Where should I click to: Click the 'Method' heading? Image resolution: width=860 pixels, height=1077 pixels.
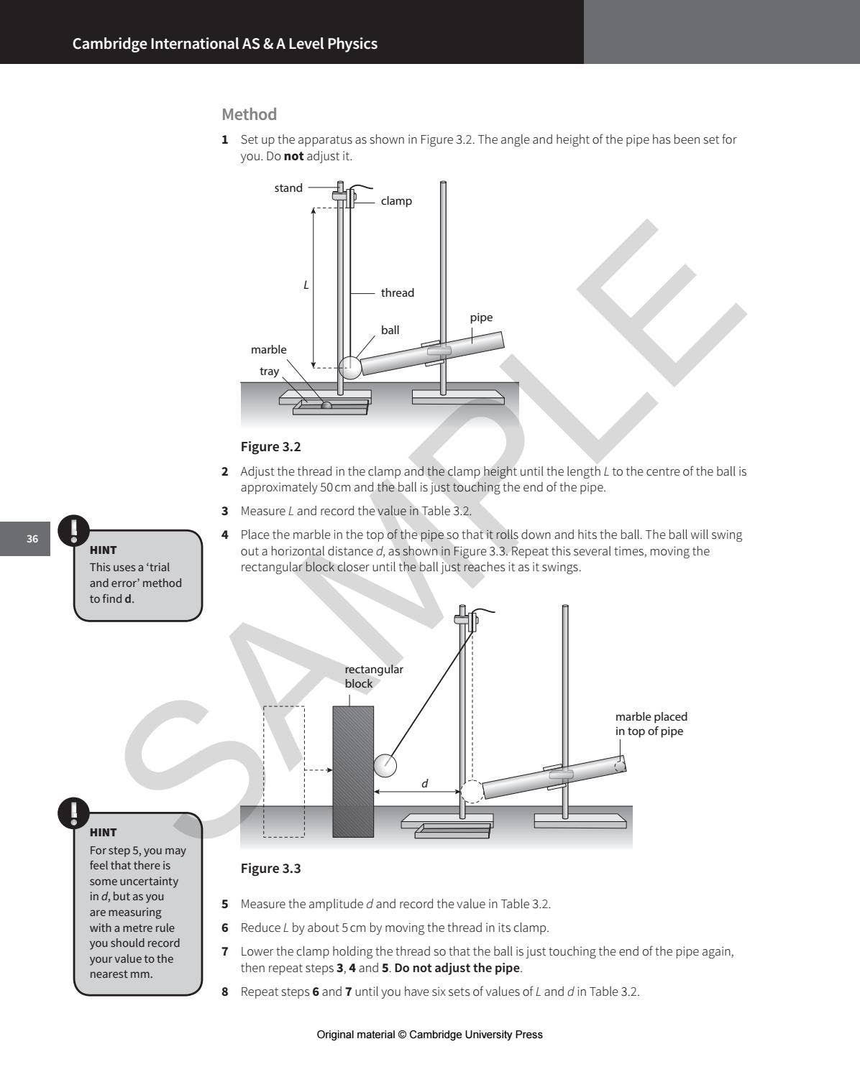(249, 114)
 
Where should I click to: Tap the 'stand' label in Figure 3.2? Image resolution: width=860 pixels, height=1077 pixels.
(288, 188)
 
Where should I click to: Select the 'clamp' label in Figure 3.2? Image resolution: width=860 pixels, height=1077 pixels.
(396, 201)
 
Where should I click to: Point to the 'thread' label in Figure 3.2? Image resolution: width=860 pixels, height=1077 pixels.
(397, 293)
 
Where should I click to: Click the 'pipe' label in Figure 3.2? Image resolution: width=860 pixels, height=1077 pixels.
(481, 318)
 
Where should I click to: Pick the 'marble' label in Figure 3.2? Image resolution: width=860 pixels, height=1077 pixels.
(268, 350)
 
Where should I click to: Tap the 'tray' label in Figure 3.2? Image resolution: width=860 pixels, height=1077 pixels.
(269, 371)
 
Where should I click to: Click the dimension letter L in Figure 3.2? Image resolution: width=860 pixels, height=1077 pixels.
(306, 285)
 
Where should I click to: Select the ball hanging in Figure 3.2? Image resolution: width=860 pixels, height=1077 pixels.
(350, 367)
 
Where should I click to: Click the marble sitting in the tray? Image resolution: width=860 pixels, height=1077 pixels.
(326, 405)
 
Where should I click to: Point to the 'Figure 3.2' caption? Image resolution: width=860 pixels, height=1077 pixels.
(270, 447)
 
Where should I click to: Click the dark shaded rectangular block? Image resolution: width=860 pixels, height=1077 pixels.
(353, 772)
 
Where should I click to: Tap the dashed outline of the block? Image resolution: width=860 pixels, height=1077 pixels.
(284, 772)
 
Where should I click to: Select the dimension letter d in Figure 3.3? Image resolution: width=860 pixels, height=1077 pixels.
(424, 784)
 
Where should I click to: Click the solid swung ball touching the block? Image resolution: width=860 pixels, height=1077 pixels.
(385, 765)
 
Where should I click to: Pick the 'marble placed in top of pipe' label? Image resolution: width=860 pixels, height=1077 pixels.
(651, 724)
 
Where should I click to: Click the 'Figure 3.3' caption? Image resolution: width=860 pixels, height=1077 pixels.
(270, 869)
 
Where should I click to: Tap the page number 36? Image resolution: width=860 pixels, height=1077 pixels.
(32, 539)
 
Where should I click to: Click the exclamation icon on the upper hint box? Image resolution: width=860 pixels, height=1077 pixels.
(73, 530)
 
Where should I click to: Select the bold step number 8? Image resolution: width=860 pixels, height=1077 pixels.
(225, 992)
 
